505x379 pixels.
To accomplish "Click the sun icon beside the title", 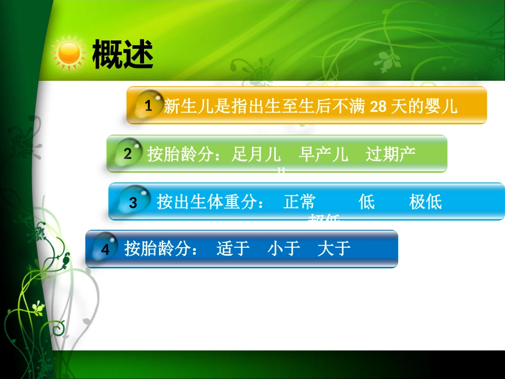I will [x=69, y=53].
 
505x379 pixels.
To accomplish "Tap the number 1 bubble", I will [x=148, y=105].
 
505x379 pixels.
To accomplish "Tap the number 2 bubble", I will [x=128, y=154].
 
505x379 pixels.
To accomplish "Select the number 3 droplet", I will [x=133, y=202].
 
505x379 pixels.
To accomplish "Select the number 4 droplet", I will [x=105, y=249].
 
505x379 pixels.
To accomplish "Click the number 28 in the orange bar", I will [x=378, y=107].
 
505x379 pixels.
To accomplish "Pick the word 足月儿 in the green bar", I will [x=257, y=155].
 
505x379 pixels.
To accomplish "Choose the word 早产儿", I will [x=324, y=155].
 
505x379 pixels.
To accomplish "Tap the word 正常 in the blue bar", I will [x=300, y=202].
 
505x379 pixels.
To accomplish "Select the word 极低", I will [x=426, y=202].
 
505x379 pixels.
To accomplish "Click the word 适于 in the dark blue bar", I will [x=233, y=249].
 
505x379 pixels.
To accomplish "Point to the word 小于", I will [x=284, y=249].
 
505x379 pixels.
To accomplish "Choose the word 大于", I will [x=334, y=249].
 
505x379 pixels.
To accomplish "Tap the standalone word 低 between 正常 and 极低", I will [x=367, y=202].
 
